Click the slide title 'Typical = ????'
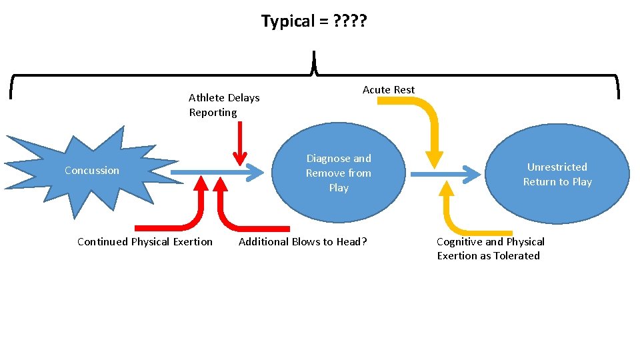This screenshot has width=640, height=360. (313, 21)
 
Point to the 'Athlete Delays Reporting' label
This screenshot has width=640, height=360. (224, 105)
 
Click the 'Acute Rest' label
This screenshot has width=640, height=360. (389, 90)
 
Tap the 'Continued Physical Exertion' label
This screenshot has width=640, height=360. (145, 242)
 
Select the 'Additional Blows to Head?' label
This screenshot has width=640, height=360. (303, 242)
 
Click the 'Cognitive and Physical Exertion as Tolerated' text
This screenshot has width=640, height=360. (490, 249)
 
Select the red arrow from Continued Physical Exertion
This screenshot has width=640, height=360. (193, 213)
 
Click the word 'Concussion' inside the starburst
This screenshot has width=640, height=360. (92, 171)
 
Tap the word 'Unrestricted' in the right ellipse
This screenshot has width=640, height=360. (557, 167)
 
